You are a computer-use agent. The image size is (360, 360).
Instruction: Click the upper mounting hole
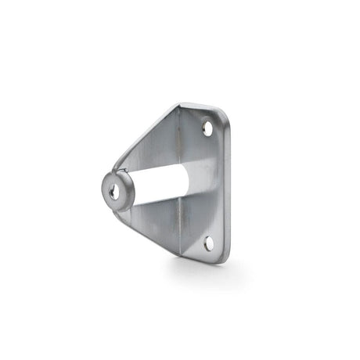(x=207, y=128)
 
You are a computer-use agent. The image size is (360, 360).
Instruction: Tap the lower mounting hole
(x=209, y=243)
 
